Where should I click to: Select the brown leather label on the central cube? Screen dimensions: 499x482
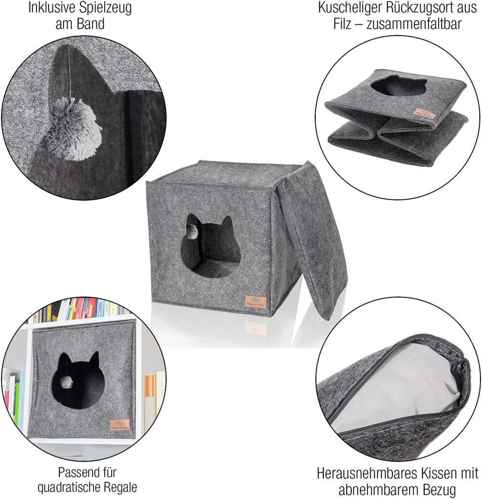pos(255,302)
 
